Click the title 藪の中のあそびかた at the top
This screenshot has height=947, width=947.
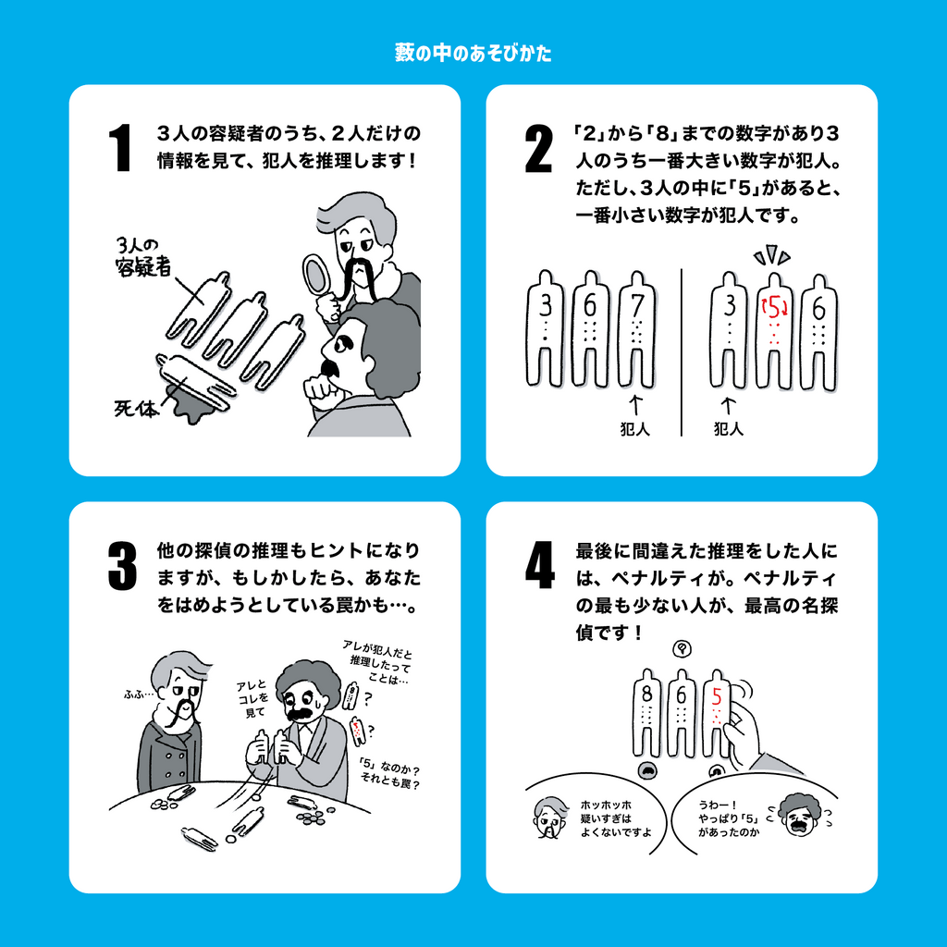pyautogui.click(x=473, y=54)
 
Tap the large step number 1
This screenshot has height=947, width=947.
pyautogui.click(x=120, y=148)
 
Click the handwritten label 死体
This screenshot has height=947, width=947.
pyautogui.click(x=137, y=407)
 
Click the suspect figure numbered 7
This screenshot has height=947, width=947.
pyautogui.click(x=636, y=328)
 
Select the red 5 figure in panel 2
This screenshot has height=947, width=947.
pyautogui.click(x=774, y=328)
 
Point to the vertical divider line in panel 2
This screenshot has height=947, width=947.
pyautogui.click(x=681, y=351)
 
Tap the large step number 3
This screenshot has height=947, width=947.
pyautogui.click(x=121, y=565)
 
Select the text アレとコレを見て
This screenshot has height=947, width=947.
pyautogui.click(x=251, y=698)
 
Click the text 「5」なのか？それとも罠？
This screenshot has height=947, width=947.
pyautogui.click(x=391, y=775)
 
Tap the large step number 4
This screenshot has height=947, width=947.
pyautogui.click(x=539, y=565)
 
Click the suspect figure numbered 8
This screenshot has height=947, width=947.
pyautogui.click(x=646, y=712)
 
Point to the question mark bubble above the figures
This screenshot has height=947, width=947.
pyautogui.click(x=681, y=648)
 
